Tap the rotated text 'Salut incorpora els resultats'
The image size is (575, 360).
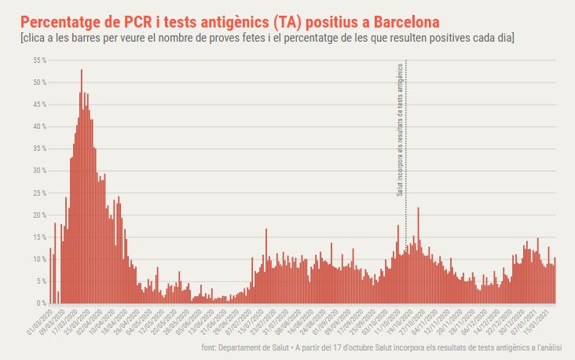[x=399, y=130]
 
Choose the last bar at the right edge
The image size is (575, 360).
[x=555, y=281]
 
